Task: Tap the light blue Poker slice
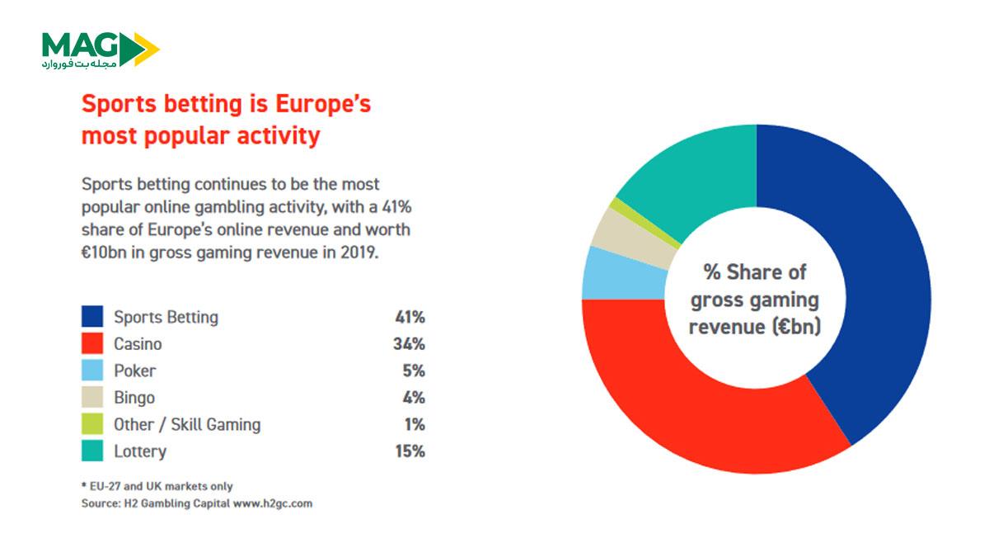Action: (618, 272)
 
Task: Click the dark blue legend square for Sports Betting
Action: (92, 317)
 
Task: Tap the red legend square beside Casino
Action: (92, 343)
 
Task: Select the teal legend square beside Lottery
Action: (92, 451)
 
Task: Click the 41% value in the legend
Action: (409, 317)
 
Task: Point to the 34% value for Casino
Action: (409, 344)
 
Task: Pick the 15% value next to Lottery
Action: (409, 451)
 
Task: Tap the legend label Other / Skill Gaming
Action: (187, 424)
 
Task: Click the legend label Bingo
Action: (134, 398)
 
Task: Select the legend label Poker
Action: (135, 371)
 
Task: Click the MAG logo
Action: (99, 50)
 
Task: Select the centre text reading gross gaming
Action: (756, 299)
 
